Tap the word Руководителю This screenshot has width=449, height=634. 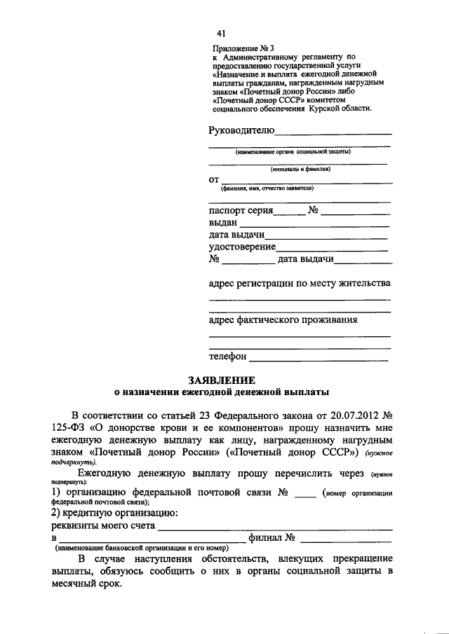coord(241,130)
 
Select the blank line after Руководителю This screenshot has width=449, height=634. coord(333,132)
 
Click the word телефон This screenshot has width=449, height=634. coord(228,357)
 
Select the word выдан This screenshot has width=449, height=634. coord(223,222)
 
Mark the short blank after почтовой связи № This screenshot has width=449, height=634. coord(305,495)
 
